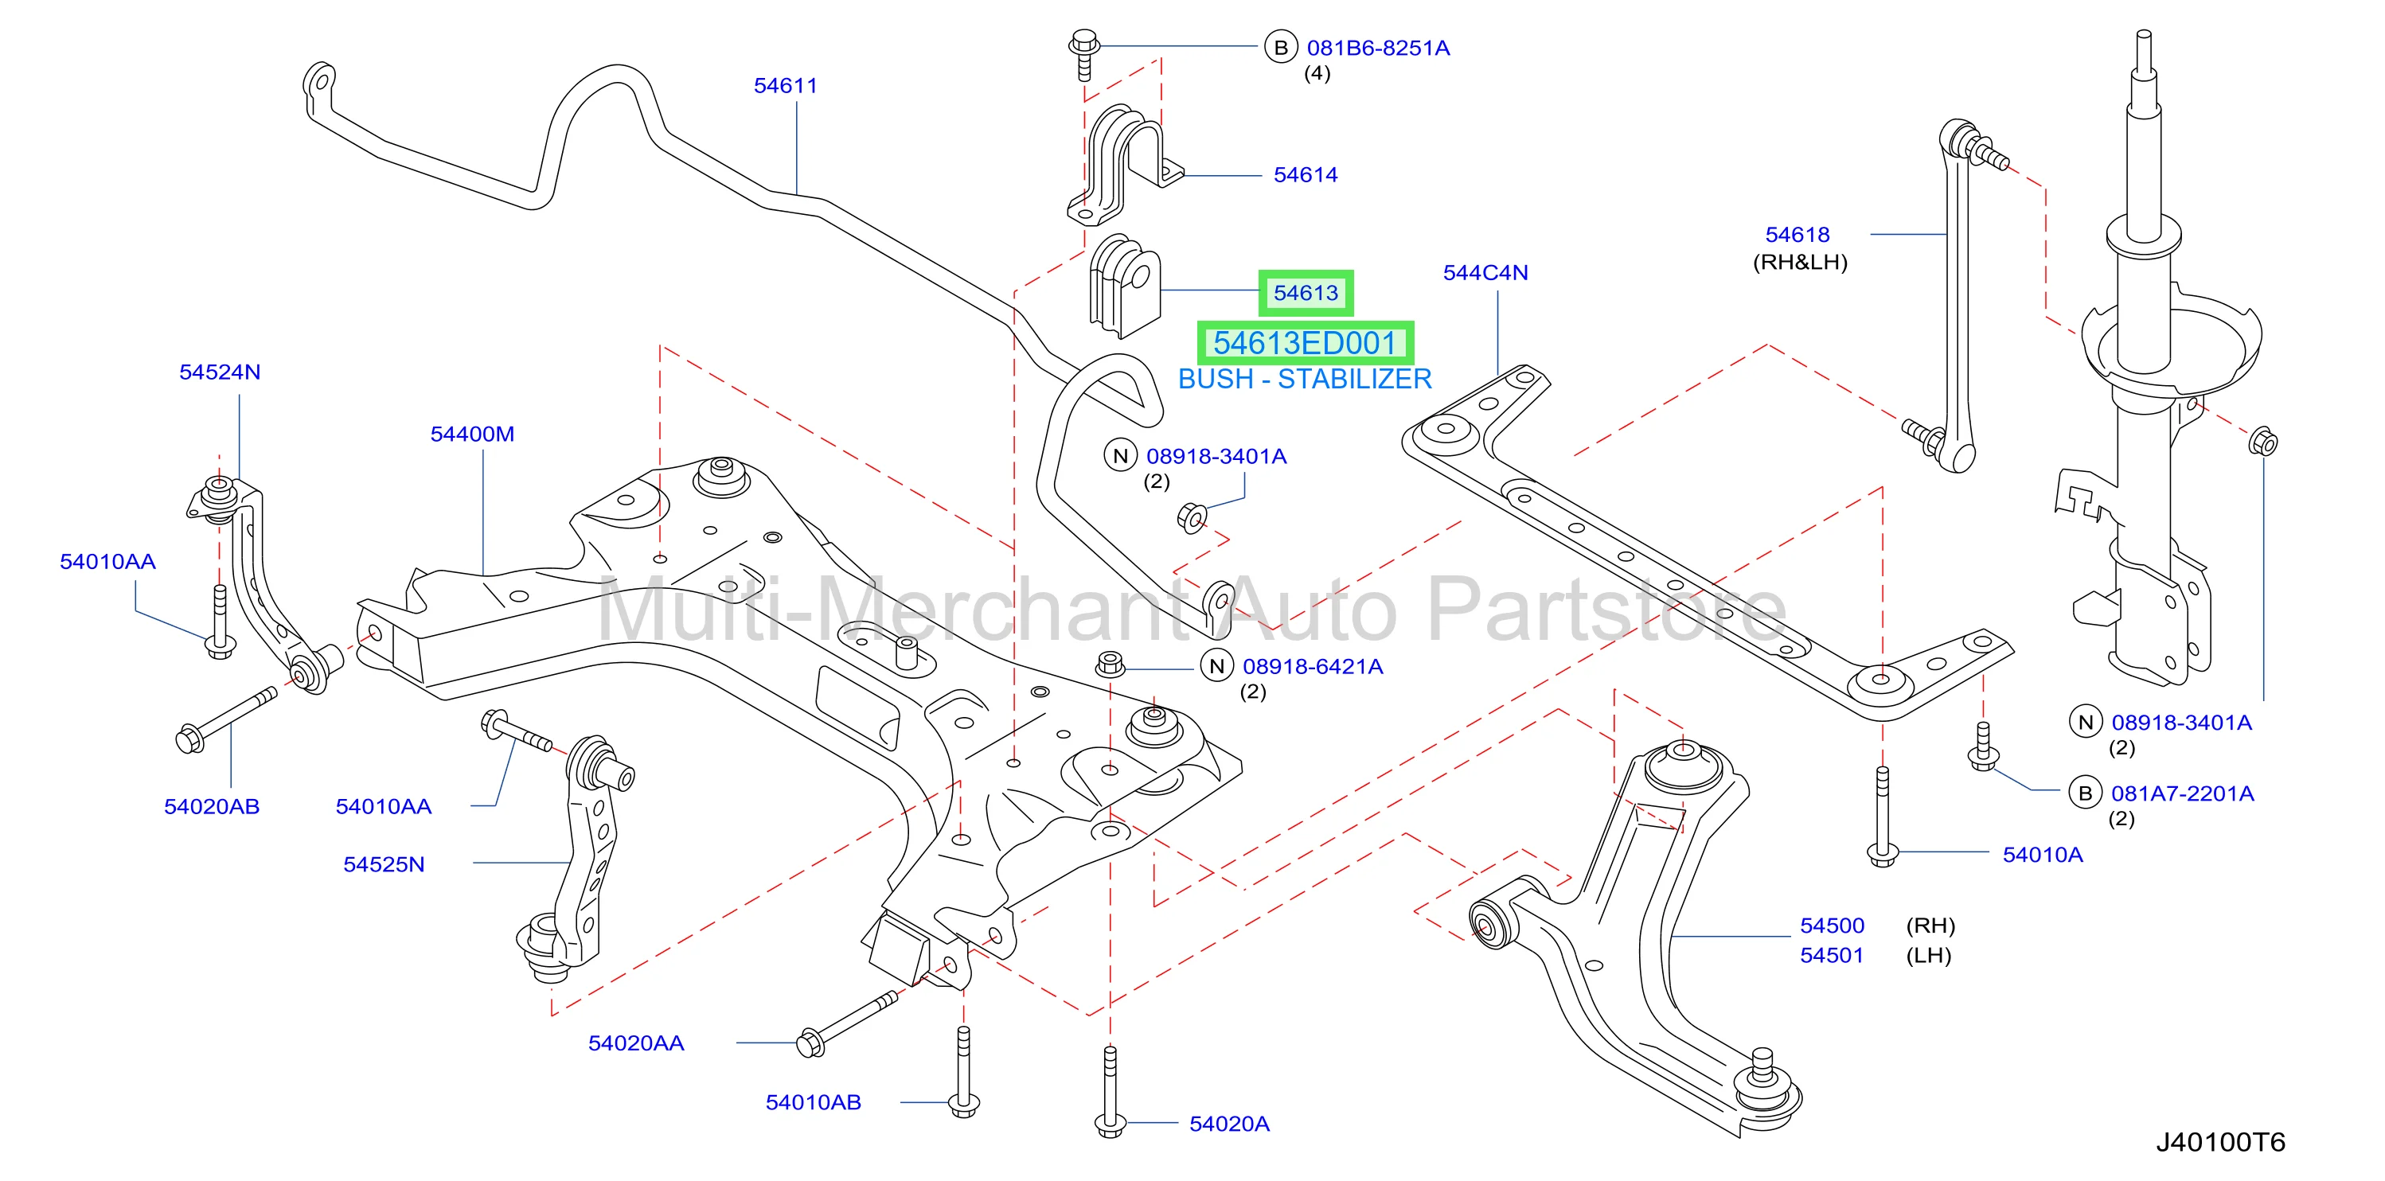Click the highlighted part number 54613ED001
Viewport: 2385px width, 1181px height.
pyautogui.click(x=1305, y=343)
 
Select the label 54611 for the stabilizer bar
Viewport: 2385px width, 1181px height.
pyautogui.click(x=785, y=86)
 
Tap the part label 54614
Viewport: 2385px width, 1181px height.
pyautogui.click(x=1306, y=175)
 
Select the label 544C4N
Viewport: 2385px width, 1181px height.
pyautogui.click(x=1485, y=273)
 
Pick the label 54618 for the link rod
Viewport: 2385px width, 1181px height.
pyautogui.click(x=1797, y=235)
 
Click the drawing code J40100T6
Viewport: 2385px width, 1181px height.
pyautogui.click(x=2220, y=1142)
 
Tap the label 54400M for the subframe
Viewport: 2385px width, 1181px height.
pyautogui.click(x=472, y=434)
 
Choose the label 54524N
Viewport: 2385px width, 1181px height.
pyautogui.click(x=220, y=372)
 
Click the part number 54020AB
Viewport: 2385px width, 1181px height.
pyautogui.click(x=212, y=807)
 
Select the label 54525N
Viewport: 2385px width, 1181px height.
pyautogui.click(x=384, y=864)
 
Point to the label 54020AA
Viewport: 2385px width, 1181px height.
pyautogui.click(x=636, y=1043)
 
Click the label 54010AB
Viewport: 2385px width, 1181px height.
pyautogui.click(x=813, y=1102)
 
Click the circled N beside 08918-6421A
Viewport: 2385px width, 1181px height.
pyautogui.click(x=1216, y=665)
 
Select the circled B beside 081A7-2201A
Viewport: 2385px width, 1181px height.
pyautogui.click(x=2085, y=793)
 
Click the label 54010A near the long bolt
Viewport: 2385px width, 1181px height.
pyautogui.click(x=2043, y=856)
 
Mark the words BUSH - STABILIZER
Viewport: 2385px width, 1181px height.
pyautogui.click(x=1305, y=380)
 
